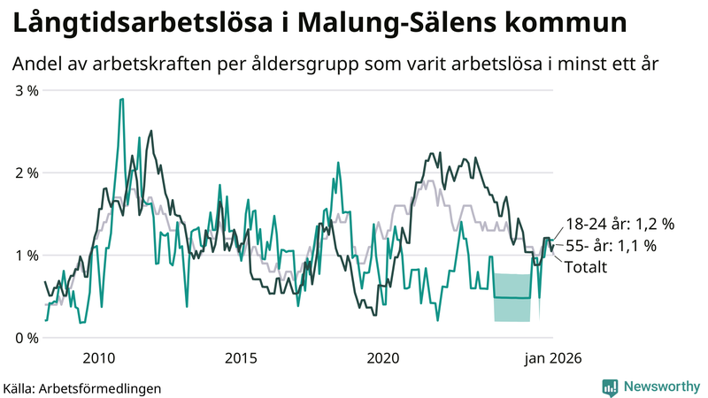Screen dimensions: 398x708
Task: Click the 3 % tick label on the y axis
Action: tap(25, 89)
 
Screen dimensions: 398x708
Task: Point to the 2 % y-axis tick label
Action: tap(25, 172)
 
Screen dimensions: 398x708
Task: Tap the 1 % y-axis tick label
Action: tap(25, 255)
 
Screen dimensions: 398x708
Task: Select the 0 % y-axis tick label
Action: tap(25, 338)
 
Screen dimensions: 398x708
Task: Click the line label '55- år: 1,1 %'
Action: tap(610, 247)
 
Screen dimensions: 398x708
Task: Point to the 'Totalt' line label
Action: tap(586, 266)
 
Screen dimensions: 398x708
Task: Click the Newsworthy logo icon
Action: tap(610, 387)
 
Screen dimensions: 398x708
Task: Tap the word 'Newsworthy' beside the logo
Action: tap(660, 387)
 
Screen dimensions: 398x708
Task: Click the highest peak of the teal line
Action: tap(121, 99)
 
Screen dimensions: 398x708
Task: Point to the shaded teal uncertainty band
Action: tap(512, 298)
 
